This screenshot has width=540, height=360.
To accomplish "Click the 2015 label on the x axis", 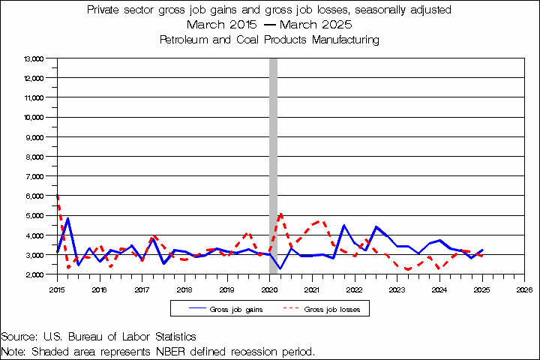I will [x=57, y=288].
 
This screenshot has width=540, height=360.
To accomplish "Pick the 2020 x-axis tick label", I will [x=270, y=288].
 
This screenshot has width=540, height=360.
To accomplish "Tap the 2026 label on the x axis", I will [x=525, y=288].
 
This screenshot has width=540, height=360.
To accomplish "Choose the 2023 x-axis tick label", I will [x=397, y=288].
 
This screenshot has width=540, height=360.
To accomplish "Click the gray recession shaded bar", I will [x=273, y=165].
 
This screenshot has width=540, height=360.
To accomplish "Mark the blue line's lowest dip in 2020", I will [x=280, y=268].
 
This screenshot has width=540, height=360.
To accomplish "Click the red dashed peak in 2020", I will [x=280, y=214].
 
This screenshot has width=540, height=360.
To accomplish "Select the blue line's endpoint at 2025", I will [x=482, y=250].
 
